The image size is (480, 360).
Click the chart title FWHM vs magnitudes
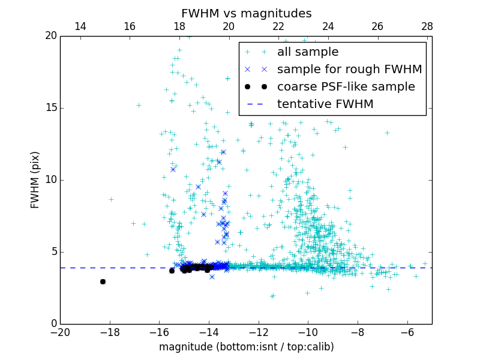(246, 13)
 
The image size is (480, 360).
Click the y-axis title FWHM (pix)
(35, 179)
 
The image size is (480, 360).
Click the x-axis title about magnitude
(246, 347)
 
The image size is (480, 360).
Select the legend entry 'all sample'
(308, 52)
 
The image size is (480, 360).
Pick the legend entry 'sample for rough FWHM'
(349, 70)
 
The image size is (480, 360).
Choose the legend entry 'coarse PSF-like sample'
(346, 87)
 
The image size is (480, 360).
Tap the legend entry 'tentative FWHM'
(325, 104)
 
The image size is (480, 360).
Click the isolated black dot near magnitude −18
(103, 281)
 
